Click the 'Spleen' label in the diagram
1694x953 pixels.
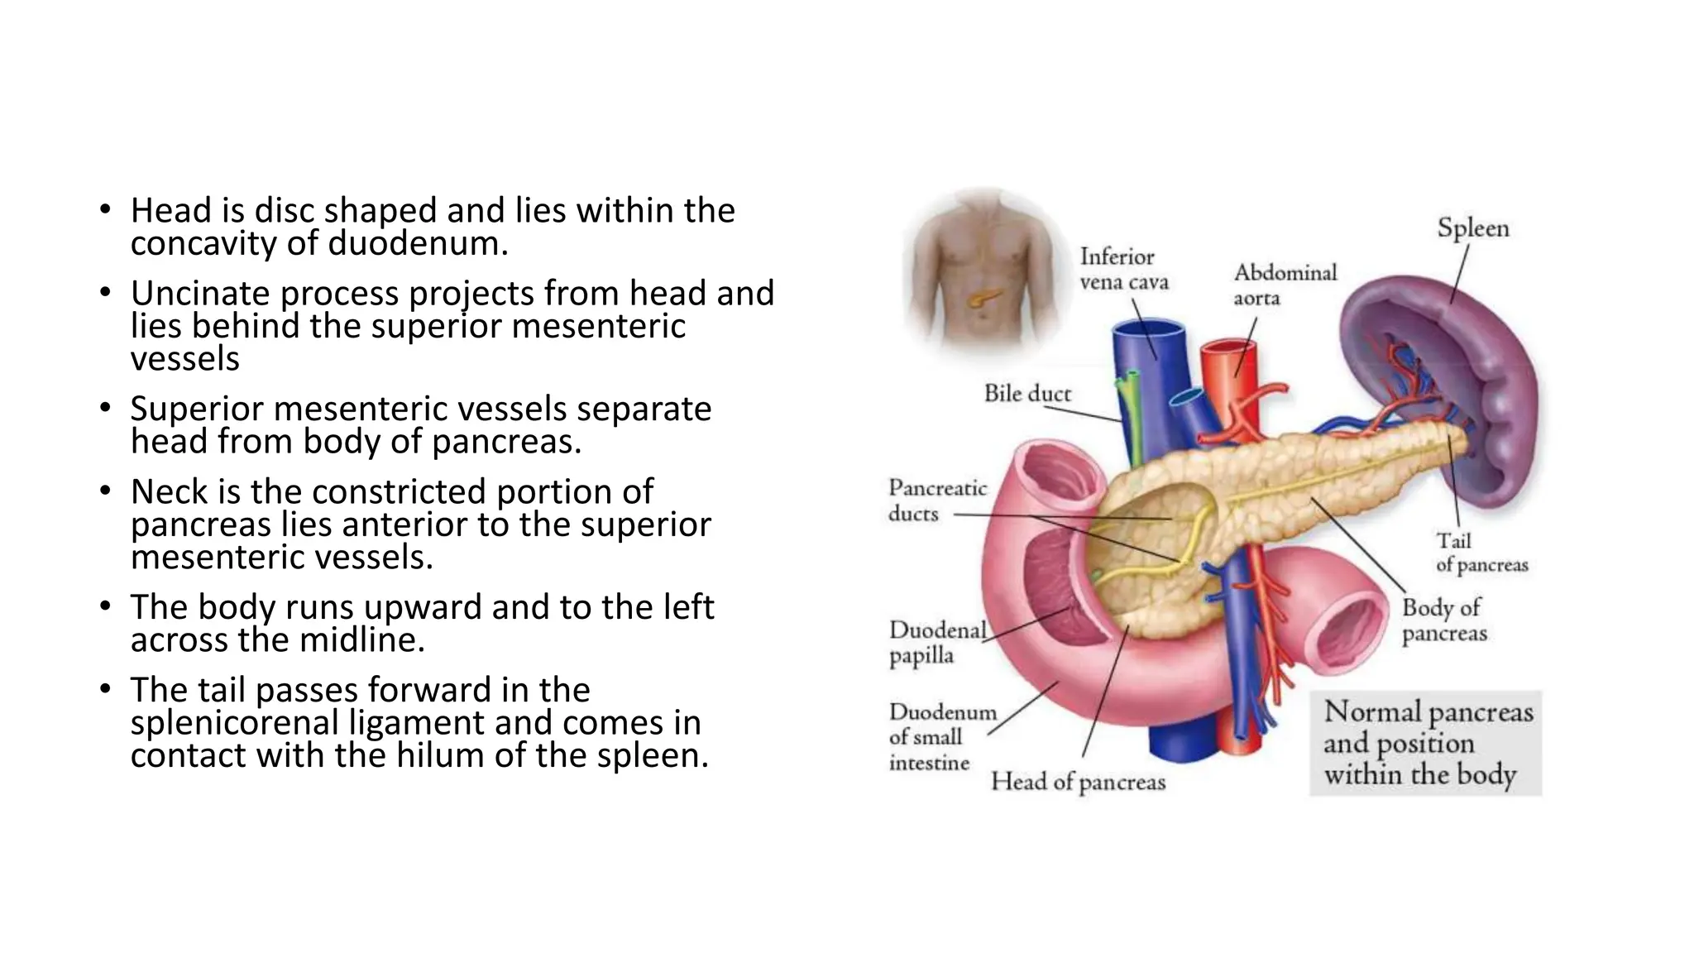1472,228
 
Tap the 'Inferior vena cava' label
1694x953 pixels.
1123,270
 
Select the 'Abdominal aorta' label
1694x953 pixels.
1285,285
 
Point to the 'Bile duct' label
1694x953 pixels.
1026,394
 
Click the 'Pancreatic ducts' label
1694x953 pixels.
937,500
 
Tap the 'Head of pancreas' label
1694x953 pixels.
1078,782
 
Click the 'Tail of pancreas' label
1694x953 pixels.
1481,553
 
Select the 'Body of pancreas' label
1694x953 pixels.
1444,620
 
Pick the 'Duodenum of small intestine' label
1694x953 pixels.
941,736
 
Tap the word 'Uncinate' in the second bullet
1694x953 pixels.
199,294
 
